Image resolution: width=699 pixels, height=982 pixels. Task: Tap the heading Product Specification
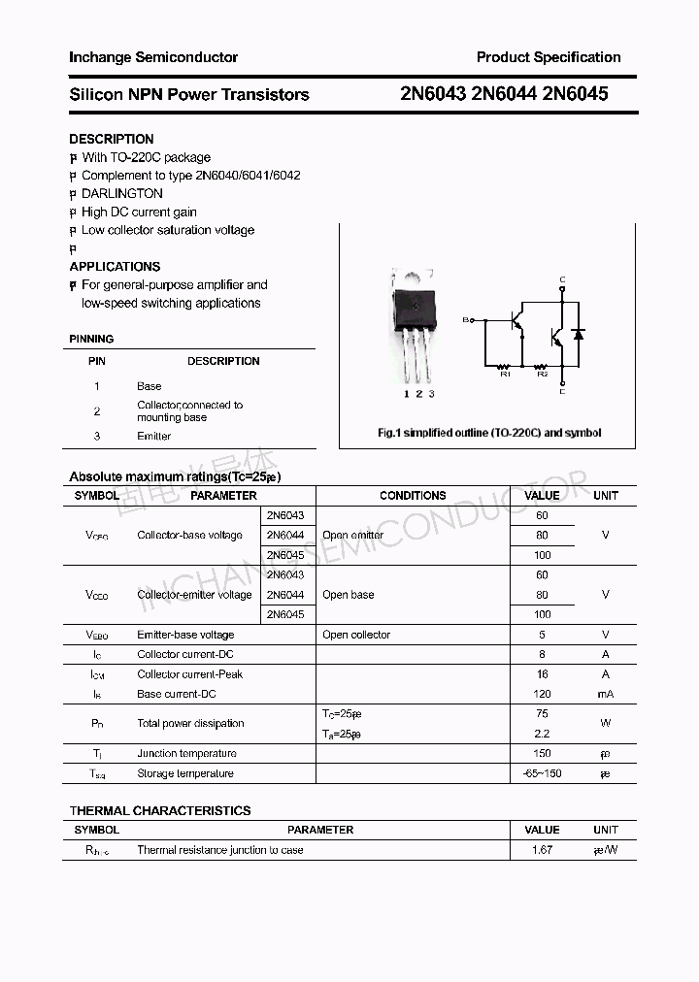(x=549, y=57)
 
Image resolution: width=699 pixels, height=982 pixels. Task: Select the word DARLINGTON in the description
(x=122, y=193)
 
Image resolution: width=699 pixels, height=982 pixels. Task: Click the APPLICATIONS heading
(x=115, y=266)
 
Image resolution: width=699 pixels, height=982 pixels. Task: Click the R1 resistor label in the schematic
(x=505, y=374)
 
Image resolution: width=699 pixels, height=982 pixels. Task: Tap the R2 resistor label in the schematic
(x=543, y=374)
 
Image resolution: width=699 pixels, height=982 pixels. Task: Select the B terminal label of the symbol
(x=465, y=319)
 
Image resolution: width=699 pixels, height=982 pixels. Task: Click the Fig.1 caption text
(x=489, y=433)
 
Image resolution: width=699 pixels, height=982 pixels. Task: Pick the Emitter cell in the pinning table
(x=153, y=436)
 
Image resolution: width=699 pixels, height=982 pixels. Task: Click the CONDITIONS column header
(x=413, y=495)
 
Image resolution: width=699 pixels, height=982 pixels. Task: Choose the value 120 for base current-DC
(x=542, y=694)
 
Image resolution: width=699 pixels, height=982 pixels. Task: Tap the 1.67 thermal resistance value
(x=542, y=850)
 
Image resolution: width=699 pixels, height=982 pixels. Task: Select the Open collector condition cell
(x=356, y=635)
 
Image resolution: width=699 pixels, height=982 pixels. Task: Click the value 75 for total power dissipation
(x=542, y=713)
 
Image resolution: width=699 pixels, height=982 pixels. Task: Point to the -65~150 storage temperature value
(x=542, y=773)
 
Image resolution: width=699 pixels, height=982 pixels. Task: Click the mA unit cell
(x=605, y=694)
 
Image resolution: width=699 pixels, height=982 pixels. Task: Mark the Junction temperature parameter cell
(x=186, y=753)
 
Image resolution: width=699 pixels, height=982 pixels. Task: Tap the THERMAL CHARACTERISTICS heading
(x=160, y=810)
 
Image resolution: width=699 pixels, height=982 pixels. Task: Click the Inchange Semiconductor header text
(x=153, y=57)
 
